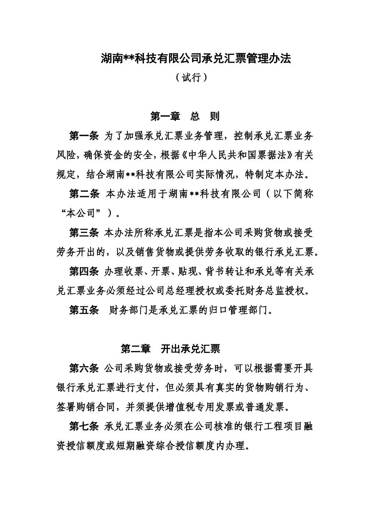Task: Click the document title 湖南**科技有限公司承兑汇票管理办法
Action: click(x=196, y=59)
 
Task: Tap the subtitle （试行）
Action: click(x=191, y=78)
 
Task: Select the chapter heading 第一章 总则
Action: click(x=185, y=116)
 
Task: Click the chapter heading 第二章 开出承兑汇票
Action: click(x=171, y=349)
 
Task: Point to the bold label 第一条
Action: click(x=84, y=136)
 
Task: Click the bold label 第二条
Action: click(x=84, y=194)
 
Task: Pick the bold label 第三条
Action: click(x=84, y=233)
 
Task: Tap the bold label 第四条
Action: click(x=84, y=271)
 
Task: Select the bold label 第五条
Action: click(x=84, y=310)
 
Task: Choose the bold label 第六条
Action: click(x=84, y=369)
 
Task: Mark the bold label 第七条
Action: click(x=84, y=427)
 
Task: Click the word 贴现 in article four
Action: click(x=185, y=271)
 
